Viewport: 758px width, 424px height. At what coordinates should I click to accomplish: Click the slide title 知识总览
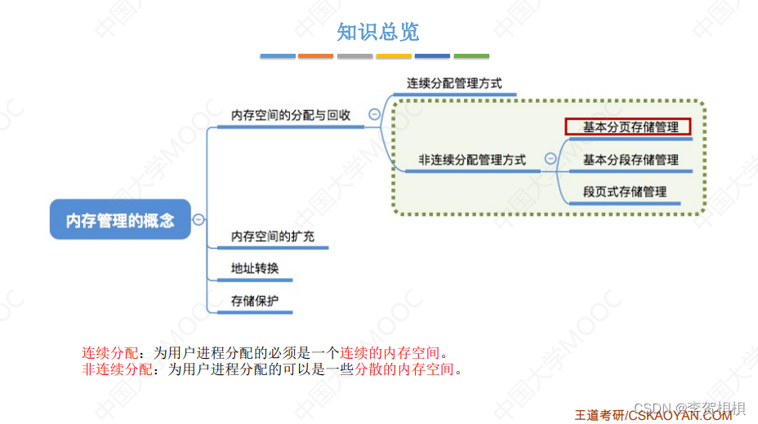click(x=378, y=32)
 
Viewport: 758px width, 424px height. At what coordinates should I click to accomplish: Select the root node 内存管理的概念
click(x=120, y=220)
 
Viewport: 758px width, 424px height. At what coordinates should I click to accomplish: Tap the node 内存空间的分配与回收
click(x=291, y=116)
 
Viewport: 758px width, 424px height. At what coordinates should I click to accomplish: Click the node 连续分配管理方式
click(x=454, y=83)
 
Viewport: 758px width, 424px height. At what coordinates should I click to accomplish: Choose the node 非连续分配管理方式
click(x=472, y=161)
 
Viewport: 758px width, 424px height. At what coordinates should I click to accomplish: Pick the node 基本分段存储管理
click(x=631, y=160)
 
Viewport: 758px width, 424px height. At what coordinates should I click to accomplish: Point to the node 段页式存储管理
click(x=625, y=192)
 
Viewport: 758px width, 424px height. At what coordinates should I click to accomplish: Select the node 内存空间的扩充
click(x=273, y=236)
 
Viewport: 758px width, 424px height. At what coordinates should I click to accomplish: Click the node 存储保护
click(x=255, y=301)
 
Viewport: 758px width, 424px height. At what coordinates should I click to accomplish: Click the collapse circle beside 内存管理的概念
click(x=199, y=219)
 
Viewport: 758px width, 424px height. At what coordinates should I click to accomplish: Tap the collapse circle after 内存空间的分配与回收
click(x=374, y=115)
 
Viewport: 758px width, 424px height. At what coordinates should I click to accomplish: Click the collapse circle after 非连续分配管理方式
click(x=551, y=160)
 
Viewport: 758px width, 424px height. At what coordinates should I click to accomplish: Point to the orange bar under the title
click(x=315, y=56)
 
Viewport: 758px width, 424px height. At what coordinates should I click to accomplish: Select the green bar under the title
click(x=471, y=56)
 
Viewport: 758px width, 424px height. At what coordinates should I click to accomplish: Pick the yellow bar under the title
click(x=394, y=56)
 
